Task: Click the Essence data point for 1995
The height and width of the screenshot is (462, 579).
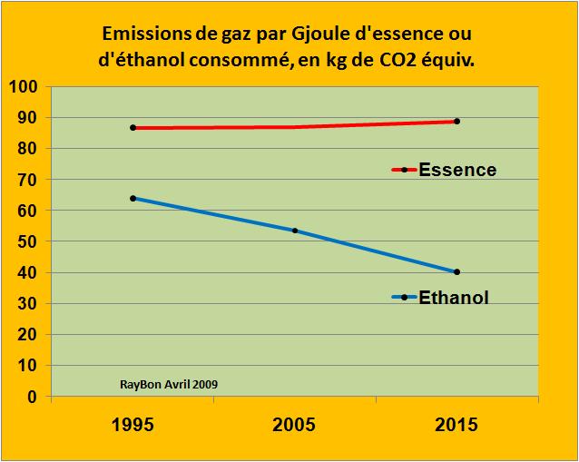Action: (x=133, y=128)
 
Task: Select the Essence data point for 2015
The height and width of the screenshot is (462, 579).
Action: (x=456, y=121)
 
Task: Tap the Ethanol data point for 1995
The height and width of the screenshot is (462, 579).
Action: (x=133, y=198)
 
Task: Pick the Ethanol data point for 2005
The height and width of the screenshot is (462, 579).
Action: (x=295, y=231)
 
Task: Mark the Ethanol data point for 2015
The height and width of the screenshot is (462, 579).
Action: (x=456, y=271)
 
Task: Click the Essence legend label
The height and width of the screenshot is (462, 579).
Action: (x=457, y=170)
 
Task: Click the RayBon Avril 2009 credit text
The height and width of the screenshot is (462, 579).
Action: (x=168, y=384)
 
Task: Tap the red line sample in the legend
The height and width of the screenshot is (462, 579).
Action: (x=403, y=170)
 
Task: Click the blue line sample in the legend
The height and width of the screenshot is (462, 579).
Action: (x=403, y=297)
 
